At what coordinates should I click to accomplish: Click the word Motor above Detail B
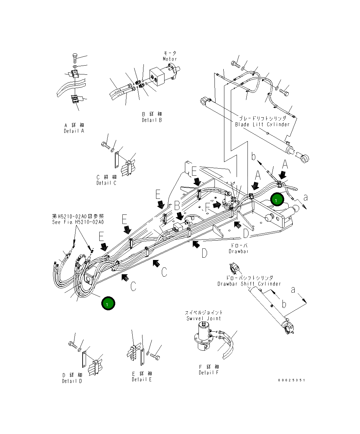(x=170, y=59)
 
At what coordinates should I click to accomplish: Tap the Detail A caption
(x=74, y=131)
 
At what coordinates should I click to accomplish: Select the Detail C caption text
(x=106, y=183)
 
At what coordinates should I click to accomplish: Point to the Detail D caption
(x=72, y=381)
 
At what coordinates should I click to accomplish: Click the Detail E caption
(x=142, y=379)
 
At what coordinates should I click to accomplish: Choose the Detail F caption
(x=209, y=372)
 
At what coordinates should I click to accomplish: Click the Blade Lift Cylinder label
(x=262, y=124)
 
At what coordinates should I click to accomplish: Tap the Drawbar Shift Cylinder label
(x=249, y=284)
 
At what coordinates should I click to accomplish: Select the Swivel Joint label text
(x=204, y=318)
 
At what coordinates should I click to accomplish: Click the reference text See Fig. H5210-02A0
(x=78, y=222)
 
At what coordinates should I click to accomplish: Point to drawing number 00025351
(x=291, y=380)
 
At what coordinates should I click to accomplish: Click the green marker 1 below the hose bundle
(x=108, y=303)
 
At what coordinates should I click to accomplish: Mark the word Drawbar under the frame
(x=238, y=251)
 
